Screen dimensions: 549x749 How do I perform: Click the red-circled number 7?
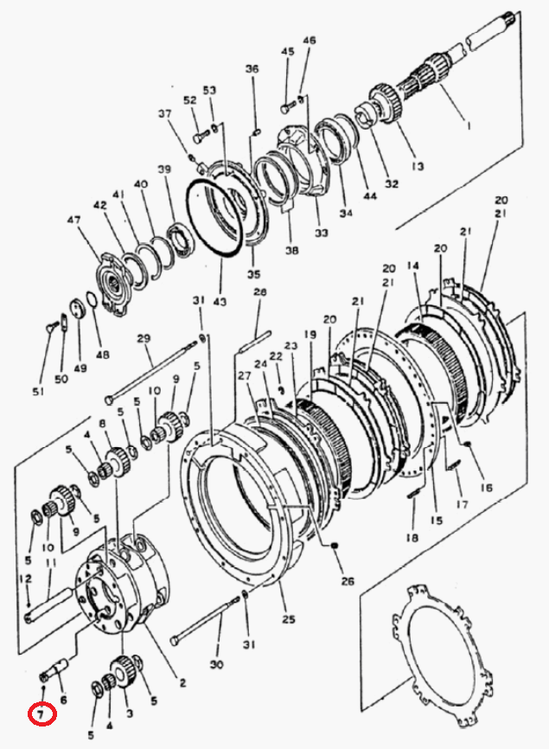tap(41, 714)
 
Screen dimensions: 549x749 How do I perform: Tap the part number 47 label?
tap(73, 221)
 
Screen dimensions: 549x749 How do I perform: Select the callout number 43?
tap(220, 301)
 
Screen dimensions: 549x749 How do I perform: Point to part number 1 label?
tap(469, 125)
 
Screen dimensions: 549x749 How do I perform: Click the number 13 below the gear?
tap(417, 166)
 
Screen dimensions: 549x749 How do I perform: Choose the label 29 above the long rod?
tap(144, 339)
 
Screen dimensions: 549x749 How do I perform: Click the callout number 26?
tap(348, 580)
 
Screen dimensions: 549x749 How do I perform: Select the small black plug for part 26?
tap(335, 545)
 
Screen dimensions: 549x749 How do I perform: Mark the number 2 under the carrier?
tap(182, 683)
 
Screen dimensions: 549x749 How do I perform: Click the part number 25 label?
tap(289, 619)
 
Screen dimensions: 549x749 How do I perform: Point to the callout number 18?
tap(412, 537)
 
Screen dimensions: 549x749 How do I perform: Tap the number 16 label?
tap(487, 488)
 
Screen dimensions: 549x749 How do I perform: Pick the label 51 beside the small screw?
tap(38, 391)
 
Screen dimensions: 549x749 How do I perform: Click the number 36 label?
tap(252, 69)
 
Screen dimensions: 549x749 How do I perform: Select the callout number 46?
tap(310, 40)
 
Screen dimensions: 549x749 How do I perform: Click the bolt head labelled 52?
tap(198, 138)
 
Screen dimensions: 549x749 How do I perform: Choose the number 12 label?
tap(25, 579)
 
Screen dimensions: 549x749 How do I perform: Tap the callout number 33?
tap(322, 233)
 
